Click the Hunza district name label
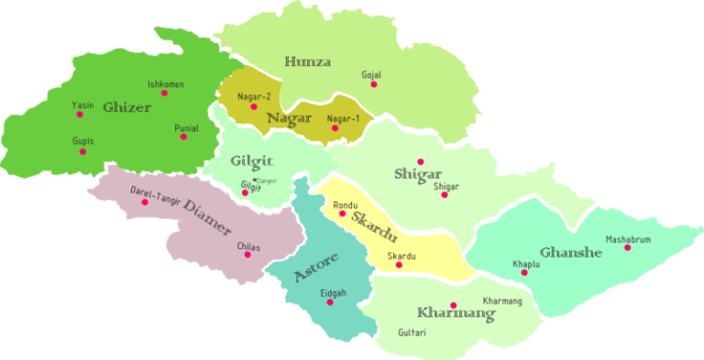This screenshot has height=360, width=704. click(x=307, y=61)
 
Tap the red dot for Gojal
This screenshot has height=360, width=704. click(x=373, y=84)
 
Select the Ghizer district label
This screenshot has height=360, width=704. click(x=126, y=106)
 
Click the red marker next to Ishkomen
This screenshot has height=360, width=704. click(x=165, y=93)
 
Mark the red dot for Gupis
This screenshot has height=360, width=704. click(x=82, y=152)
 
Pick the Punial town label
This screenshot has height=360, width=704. click(x=186, y=127)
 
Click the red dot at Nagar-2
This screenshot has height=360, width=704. click(x=254, y=107)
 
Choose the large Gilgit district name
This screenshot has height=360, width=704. click(x=252, y=161)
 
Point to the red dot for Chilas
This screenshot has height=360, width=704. click(x=247, y=255)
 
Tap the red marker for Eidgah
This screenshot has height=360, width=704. click(x=330, y=302)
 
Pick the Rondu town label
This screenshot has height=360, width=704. click(x=345, y=204)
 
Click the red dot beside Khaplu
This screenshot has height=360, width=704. click(x=524, y=272)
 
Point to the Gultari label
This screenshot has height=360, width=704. click(x=412, y=333)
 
